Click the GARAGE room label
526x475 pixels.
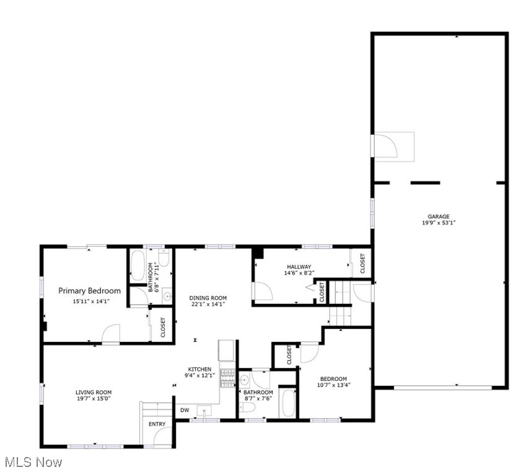[439, 216]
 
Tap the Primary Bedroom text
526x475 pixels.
[90, 291]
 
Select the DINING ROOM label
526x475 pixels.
[208, 297]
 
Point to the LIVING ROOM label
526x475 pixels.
[94, 392]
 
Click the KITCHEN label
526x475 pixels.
[199, 369]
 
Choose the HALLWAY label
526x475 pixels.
[299, 267]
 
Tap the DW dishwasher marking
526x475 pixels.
[185, 410]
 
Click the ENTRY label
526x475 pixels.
[157, 424]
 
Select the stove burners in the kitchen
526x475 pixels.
[227, 378]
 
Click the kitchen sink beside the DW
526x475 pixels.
[204, 410]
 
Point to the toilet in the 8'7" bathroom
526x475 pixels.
[247, 407]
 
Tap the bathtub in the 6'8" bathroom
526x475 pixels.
[137, 265]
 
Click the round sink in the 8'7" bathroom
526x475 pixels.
[244, 380]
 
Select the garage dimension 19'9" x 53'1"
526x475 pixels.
[439, 223]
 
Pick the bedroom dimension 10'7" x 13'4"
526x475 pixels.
[334, 385]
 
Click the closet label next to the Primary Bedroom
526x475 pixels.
[163, 327]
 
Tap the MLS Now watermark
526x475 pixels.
[33, 462]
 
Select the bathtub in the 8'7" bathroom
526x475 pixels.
[287, 403]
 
